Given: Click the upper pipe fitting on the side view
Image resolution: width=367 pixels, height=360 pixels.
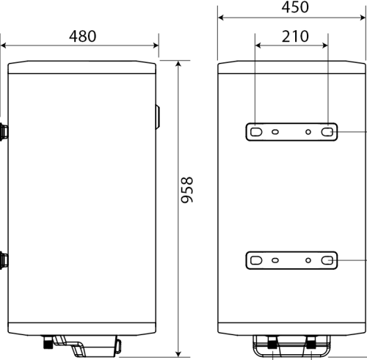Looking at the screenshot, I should (4, 132).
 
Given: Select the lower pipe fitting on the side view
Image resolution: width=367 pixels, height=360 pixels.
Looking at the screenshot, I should (4, 259).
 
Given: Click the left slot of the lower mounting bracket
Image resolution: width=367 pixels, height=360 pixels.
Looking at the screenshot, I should (257, 260).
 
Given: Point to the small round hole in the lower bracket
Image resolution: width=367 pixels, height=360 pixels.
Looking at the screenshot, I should (275, 260).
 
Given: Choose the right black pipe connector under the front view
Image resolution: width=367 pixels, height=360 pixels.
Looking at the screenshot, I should (312, 342).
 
